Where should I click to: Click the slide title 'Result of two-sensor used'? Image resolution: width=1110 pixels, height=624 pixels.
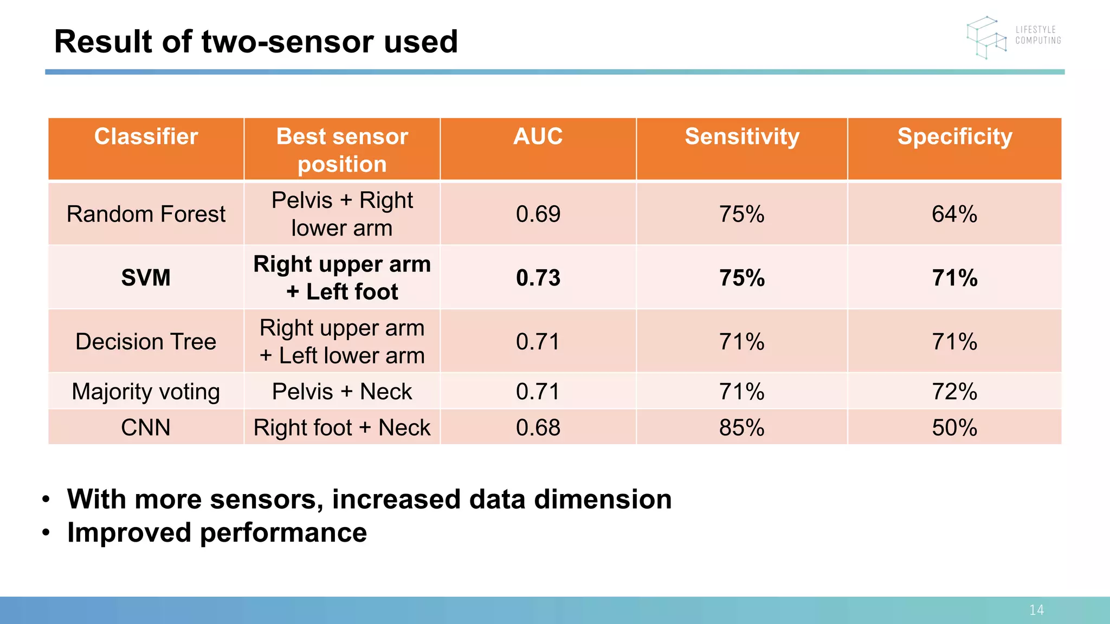click(x=256, y=42)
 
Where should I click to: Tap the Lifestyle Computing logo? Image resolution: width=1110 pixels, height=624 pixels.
click(x=1012, y=36)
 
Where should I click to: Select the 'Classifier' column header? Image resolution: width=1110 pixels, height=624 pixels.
click(x=146, y=136)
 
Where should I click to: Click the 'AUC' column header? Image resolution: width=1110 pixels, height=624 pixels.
click(x=538, y=136)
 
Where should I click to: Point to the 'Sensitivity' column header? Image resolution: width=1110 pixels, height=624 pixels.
click(x=741, y=136)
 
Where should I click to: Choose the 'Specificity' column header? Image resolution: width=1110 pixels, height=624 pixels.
click(x=954, y=136)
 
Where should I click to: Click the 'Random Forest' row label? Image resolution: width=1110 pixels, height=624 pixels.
click(x=146, y=214)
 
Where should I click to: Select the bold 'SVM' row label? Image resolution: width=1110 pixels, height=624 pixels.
click(x=146, y=278)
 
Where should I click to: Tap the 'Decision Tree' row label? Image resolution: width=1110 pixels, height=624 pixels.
click(x=146, y=342)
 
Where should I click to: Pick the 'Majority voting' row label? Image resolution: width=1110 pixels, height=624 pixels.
click(x=146, y=392)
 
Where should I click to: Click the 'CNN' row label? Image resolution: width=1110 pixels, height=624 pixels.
click(x=146, y=427)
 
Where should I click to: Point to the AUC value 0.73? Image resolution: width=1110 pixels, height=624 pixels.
click(x=538, y=278)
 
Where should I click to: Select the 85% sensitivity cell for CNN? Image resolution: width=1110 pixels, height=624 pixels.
click(x=741, y=427)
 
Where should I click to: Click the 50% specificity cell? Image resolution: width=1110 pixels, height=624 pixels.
click(x=954, y=427)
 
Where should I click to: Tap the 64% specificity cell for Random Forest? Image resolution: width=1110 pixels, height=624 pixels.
click(x=954, y=214)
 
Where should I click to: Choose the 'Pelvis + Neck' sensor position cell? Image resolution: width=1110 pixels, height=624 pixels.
click(x=342, y=392)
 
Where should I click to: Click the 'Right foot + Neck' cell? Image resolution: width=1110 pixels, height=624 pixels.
click(x=342, y=427)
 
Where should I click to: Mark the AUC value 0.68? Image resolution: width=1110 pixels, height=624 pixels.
click(x=538, y=427)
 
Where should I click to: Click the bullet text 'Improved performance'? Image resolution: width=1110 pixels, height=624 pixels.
click(x=217, y=532)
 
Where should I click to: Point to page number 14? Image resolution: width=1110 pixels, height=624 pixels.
click(x=1036, y=610)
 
